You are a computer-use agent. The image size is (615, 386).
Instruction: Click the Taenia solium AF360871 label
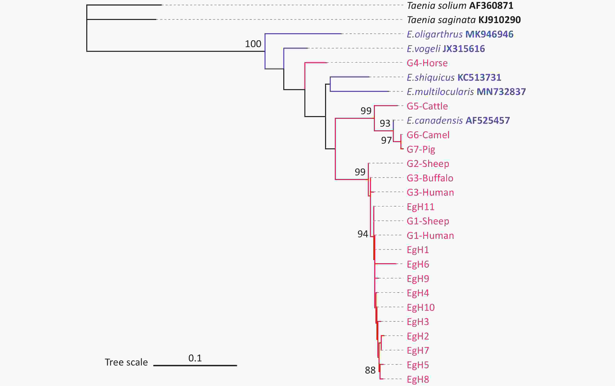pyautogui.click(x=460, y=6)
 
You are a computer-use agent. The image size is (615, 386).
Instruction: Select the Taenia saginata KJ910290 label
pyautogui.click(x=463, y=20)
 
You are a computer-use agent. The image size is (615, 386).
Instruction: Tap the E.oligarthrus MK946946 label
pyautogui.click(x=460, y=34)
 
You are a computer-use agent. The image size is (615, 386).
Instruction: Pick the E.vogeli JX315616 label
pyautogui.click(x=446, y=48)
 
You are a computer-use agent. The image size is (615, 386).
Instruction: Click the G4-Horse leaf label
pyautogui.click(x=427, y=63)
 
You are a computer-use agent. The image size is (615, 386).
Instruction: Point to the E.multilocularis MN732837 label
pyautogui.click(x=466, y=92)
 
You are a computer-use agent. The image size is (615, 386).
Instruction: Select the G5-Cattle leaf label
pyautogui.click(x=427, y=106)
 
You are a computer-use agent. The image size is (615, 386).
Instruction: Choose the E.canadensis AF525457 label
pyautogui.click(x=458, y=121)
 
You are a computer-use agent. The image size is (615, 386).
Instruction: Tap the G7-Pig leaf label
pyautogui.click(x=421, y=149)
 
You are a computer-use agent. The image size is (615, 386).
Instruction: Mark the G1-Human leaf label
pyautogui.click(x=430, y=235)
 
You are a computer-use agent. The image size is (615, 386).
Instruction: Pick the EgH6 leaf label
pyautogui.click(x=418, y=264)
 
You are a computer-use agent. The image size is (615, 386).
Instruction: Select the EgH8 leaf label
pyautogui.click(x=418, y=379)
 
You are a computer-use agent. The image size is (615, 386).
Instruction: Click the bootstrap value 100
pyautogui.click(x=253, y=44)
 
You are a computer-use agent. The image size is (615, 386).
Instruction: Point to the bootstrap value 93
pyautogui.click(x=385, y=124)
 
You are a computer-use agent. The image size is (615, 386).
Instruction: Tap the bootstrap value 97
pyautogui.click(x=386, y=140)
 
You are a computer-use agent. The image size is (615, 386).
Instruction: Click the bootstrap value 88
pyautogui.click(x=370, y=370)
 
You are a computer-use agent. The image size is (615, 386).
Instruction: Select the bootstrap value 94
pyautogui.click(x=363, y=234)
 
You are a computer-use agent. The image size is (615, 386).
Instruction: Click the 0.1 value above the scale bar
pyautogui.click(x=195, y=358)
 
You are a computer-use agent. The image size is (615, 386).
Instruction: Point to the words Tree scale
pyautogui.click(x=126, y=362)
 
